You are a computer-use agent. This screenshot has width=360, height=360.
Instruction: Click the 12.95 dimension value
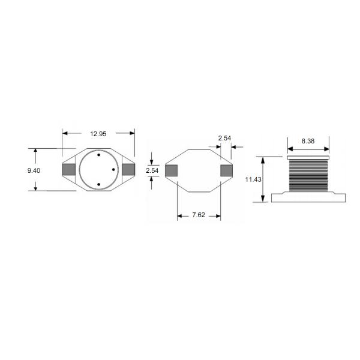pos(98,134)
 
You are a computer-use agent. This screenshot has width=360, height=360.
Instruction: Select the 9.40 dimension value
pos(34,171)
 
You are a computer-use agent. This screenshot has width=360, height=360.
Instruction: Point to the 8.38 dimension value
pos(308,141)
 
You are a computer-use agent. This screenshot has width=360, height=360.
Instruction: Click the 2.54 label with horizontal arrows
pos(224,138)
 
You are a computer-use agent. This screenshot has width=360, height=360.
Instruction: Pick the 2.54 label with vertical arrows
pos(152,171)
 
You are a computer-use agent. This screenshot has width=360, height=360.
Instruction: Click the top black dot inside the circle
pos(98,155)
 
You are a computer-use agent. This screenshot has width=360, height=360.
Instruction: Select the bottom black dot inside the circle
pos(98,184)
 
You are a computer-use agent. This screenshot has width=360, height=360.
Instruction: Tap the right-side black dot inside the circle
pos(113,170)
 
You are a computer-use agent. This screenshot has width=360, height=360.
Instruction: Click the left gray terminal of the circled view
pos(69,170)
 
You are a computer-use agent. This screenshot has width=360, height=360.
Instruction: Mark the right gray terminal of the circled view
pos(128,170)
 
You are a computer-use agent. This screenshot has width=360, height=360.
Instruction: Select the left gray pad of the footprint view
pos(171,170)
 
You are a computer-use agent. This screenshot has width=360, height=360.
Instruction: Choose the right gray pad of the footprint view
pos(226,170)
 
